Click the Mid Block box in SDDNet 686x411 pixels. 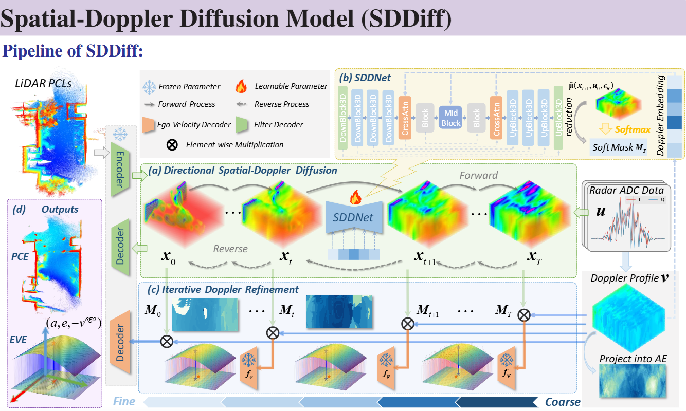click(x=451, y=117)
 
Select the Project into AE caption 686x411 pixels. click(x=633, y=359)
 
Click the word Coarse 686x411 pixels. click(x=563, y=402)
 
